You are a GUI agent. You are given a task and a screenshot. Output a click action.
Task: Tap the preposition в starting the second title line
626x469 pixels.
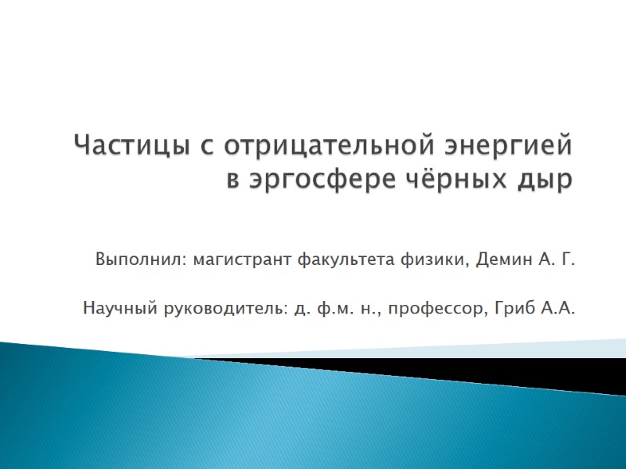tap(232, 181)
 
